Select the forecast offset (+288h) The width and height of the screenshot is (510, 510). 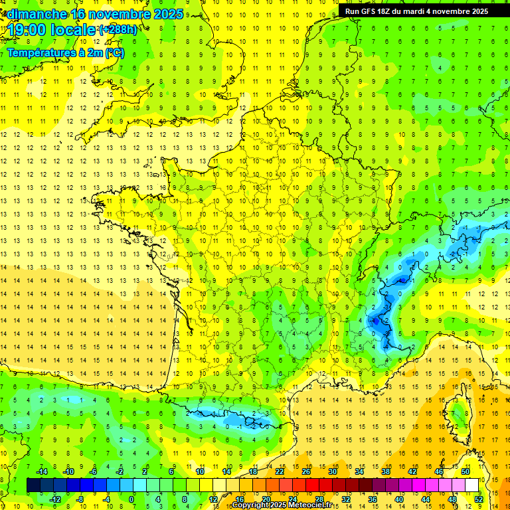[118, 30]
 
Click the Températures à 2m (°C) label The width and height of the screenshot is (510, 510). [65, 53]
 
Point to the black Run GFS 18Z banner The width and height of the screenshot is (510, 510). [416, 11]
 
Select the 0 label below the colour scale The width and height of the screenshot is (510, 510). [131, 499]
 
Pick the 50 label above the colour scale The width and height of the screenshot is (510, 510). [465, 471]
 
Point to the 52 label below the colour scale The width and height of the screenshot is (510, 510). [478, 499]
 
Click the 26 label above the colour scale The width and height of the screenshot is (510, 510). [306, 471]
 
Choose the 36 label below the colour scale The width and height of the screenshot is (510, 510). [373, 499]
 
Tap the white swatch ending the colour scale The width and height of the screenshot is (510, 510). [472, 485]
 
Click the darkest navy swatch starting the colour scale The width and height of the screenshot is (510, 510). [33, 485]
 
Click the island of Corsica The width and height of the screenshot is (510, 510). [456, 415]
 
